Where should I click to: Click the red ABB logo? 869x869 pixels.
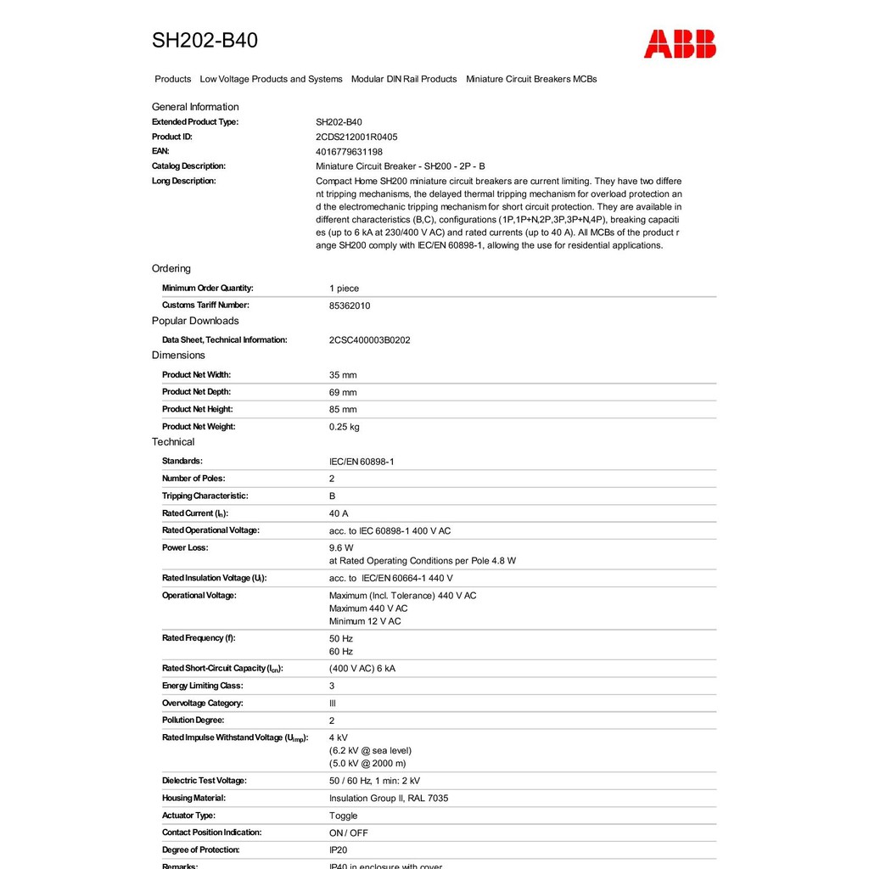[680, 43]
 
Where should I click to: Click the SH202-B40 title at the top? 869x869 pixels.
[205, 41]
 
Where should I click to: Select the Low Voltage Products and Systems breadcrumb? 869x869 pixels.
[271, 79]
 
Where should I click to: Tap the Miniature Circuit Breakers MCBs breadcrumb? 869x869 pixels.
[531, 79]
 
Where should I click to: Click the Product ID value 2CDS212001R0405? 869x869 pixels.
[356, 137]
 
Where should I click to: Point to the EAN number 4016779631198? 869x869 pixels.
[349, 152]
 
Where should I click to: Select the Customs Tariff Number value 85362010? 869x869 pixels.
[350, 306]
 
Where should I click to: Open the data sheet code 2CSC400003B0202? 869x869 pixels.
[369, 340]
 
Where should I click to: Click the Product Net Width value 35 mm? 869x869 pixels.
[343, 375]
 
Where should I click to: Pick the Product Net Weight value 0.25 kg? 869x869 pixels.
[344, 427]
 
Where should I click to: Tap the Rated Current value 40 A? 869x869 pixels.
[339, 513]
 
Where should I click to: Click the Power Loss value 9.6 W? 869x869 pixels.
[341, 548]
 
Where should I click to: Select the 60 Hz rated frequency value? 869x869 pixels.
[341, 652]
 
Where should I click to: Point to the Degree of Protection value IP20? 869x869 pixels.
[338, 850]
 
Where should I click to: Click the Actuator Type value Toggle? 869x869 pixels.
[343, 816]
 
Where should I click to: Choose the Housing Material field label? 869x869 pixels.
[193, 798]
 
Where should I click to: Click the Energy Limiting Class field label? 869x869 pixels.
[202, 686]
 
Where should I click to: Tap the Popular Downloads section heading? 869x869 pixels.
[195, 321]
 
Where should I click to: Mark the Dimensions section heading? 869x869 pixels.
[178, 356]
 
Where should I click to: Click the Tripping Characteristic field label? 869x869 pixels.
[205, 496]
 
